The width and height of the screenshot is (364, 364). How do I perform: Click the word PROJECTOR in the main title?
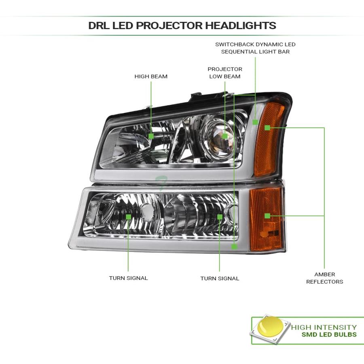(169, 25)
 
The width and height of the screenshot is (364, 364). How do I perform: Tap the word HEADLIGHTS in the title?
(241, 25)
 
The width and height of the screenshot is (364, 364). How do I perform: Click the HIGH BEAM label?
(151, 76)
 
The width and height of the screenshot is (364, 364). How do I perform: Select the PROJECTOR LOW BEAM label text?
(225, 73)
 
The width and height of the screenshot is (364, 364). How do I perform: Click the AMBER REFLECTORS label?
(324, 278)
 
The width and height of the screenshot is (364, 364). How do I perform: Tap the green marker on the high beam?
(151, 136)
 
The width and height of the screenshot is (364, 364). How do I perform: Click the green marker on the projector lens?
(224, 136)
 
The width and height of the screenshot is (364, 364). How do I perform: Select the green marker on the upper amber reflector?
(267, 128)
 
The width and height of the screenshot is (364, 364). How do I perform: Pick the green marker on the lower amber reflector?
(267, 216)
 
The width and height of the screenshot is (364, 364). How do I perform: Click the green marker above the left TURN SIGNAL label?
(128, 217)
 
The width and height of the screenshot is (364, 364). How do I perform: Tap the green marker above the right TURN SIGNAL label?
(220, 217)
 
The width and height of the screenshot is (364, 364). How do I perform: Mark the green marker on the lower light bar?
(235, 247)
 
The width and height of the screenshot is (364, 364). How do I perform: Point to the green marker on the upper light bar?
(255, 122)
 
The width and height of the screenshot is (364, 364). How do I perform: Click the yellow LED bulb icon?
(271, 327)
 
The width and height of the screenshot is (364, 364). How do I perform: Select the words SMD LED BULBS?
(329, 334)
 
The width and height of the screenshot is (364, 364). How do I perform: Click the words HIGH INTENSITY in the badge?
(324, 327)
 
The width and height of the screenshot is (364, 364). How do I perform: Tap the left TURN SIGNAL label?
(128, 278)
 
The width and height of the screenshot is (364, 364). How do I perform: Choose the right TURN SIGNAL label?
(220, 278)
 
